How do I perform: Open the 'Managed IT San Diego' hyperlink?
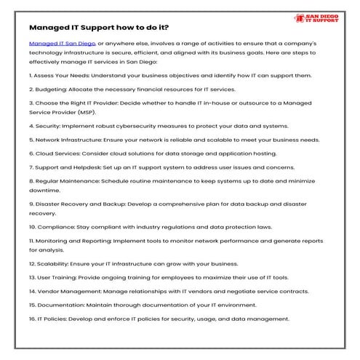(x=61, y=44)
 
